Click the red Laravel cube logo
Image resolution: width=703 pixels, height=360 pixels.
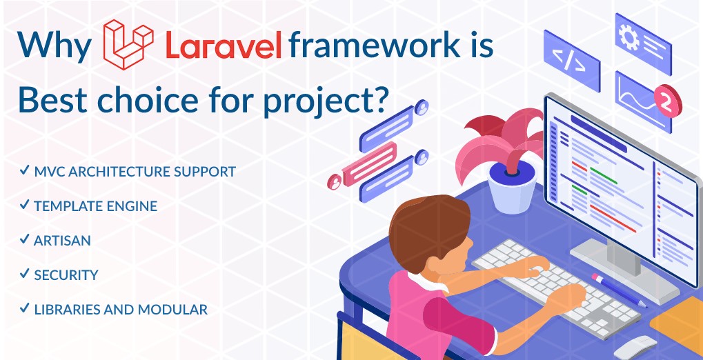pos(128,44)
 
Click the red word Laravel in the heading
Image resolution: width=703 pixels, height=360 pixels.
pos(224,46)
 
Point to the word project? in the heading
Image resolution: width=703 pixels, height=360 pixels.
pos(325,101)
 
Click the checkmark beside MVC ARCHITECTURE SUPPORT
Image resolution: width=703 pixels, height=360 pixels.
pos(24,170)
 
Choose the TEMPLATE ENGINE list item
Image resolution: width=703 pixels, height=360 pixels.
pos(95,206)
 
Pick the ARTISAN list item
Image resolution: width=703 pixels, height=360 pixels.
pos(62,240)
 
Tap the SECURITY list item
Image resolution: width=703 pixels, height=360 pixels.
pos(66,274)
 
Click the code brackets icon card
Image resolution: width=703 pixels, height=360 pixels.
pos(572,61)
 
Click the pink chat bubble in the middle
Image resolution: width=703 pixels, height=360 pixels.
pos(369,164)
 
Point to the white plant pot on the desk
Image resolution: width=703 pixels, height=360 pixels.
pos(512,186)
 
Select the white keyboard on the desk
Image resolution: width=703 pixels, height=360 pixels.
pos(556,287)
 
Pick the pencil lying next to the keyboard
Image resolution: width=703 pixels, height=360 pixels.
pos(619,290)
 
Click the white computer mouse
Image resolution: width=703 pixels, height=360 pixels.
pos(636,348)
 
